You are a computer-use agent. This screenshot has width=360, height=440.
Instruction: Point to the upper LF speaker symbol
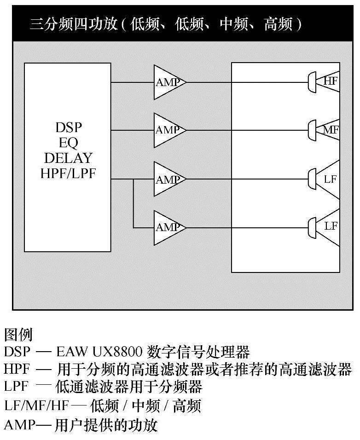[325, 179]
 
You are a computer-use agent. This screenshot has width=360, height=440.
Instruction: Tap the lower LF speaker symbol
[325, 226]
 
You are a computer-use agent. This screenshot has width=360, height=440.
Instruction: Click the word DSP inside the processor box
[68, 127]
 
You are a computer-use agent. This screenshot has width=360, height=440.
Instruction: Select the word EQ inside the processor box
[68, 143]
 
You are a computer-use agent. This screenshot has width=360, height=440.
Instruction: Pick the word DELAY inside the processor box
[68, 158]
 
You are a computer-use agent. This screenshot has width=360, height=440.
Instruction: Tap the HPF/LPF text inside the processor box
[68, 174]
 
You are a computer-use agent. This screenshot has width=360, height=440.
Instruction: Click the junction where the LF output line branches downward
[134, 179]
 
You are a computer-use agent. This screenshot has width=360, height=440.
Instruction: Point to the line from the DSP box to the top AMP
[133, 82]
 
